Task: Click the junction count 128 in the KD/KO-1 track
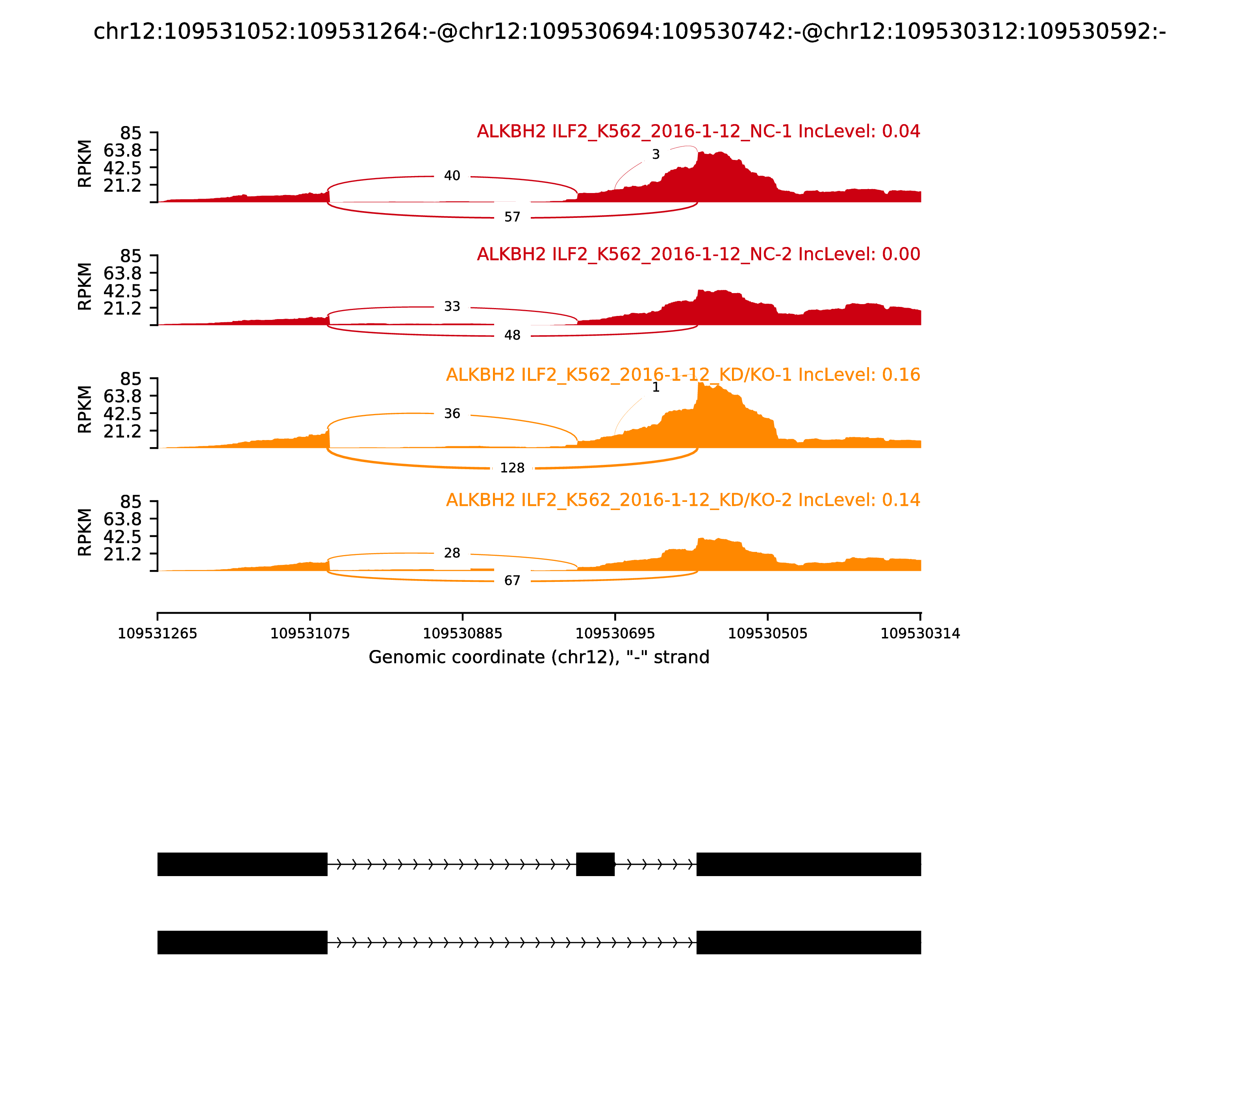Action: click(x=512, y=468)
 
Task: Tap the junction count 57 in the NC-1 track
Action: click(x=512, y=217)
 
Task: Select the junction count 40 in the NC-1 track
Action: click(x=452, y=176)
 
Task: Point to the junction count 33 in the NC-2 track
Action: click(x=452, y=306)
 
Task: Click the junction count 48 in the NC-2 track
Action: click(x=512, y=336)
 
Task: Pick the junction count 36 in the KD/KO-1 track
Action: click(x=452, y=414)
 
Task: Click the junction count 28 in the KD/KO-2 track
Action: click(x=452, y=553)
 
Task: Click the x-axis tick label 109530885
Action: click(x=463, y=634)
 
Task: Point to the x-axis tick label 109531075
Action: click(x=310, y=634)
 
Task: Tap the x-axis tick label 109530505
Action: click(x=768, y=634)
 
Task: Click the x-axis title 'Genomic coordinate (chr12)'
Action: click(x=539, y=657)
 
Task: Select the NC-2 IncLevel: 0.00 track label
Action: click(x=698, y=254)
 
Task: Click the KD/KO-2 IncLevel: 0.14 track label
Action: click(x=683, y=500)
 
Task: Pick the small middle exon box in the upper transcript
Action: click(x=595, y=864)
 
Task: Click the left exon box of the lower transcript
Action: click(x=243, y=942)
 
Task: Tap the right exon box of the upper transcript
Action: click(x=808, y=864)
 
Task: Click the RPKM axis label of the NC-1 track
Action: click(x=85, y=164)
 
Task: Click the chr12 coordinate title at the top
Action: click(x=629, y=32)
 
